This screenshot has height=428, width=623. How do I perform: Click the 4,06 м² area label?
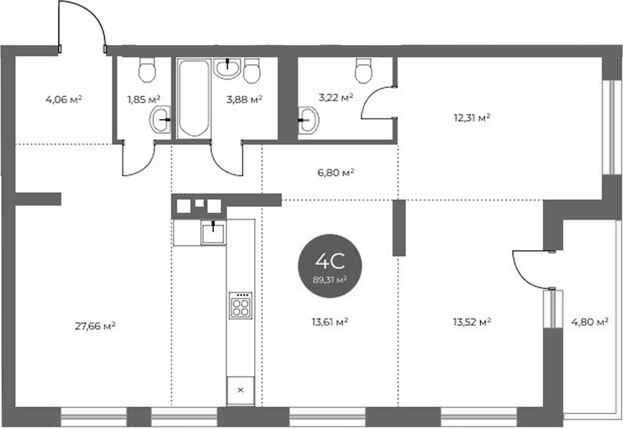[x=63, y=100]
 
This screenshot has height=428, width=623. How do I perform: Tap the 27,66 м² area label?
[x=95, y=326]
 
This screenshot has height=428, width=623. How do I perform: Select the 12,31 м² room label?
[x=472, y=118]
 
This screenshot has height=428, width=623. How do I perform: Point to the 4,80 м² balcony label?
[x=590, y=322]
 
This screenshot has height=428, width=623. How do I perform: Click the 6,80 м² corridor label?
[x=336, y=172]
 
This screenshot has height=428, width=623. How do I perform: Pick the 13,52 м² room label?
[x=472, y=322]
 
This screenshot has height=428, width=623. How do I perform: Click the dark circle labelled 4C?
[x=330, y=266]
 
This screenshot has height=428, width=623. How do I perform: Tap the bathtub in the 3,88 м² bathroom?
[x=194, y=98]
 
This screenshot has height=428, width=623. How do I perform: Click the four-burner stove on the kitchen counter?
[x=241, y=305]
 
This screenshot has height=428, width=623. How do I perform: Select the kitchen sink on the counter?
[x=213, y=233]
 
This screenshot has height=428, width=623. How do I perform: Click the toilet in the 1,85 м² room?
[x=147, y=70]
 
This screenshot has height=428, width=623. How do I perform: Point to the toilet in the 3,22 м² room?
[x=363, y=71]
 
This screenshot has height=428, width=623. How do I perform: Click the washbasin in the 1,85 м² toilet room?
[x=160, y=119]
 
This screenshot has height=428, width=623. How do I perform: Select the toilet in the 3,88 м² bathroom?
[x=251, y=71]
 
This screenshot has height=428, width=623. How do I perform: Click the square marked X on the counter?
[x=241, y=391]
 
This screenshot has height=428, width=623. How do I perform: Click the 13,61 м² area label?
[x=330, y=322]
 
